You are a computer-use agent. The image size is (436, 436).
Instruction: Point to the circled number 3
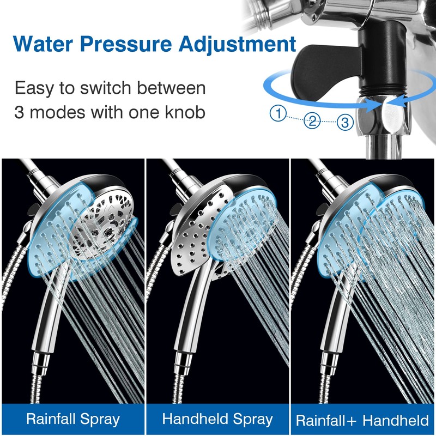point(344,123)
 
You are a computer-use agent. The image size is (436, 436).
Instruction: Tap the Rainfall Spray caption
point(73,420)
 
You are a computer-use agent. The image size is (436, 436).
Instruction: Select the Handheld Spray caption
point(217,420)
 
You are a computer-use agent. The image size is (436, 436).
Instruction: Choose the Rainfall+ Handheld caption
point(362,420)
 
